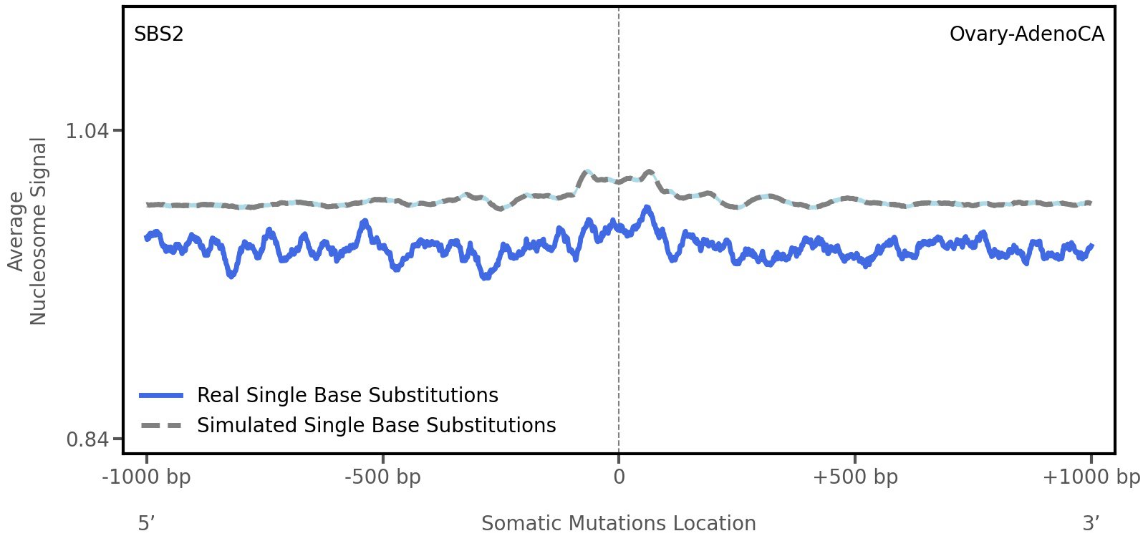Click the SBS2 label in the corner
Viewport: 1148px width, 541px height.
pyautogui.click(x=159, y=34)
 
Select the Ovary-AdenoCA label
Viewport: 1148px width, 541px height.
pyautogui.click(x=1026, y=34)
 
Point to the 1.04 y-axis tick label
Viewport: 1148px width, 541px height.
pyautogui.click(x=87, y=131)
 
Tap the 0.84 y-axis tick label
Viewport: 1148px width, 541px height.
pyautogui.click(x=87, y=439)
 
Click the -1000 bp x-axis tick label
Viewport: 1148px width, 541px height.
pyautogui.click(x=147, y=477)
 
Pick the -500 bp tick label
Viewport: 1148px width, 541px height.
pyautogui.click(x=382, y=477)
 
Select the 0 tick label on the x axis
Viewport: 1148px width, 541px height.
pyautogui.click(x=619, y=477)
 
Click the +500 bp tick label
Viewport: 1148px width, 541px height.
pyautogui.click(x=855, y=477)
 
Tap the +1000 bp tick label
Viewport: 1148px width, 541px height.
pyautogui.click(x=1091, y=477)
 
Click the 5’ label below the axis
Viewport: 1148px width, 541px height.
pyautogui.click(x=146, y=523)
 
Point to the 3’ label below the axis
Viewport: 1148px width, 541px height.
pyautogui.click(x=1091, y=523)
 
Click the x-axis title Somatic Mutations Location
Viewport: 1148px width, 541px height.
pyautogui.click(x=618, y=523)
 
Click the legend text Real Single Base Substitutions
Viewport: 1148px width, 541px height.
pyautogui.click(x=347, y=395)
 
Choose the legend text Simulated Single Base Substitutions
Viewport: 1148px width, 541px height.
pyautogui.click(x=376, y=425)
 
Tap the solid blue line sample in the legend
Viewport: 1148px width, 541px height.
pyautogui.click(x=162, y=395)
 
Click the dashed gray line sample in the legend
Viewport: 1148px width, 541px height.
pyautogui.click(x=162, y=425)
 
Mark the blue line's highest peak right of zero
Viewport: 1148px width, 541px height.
pyautogui.click(x=647, y=208)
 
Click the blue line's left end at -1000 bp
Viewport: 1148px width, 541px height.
pyautogui.click(x=147, y=238)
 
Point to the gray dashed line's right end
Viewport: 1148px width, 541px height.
pyautogui.click(x=1090, y=203)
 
